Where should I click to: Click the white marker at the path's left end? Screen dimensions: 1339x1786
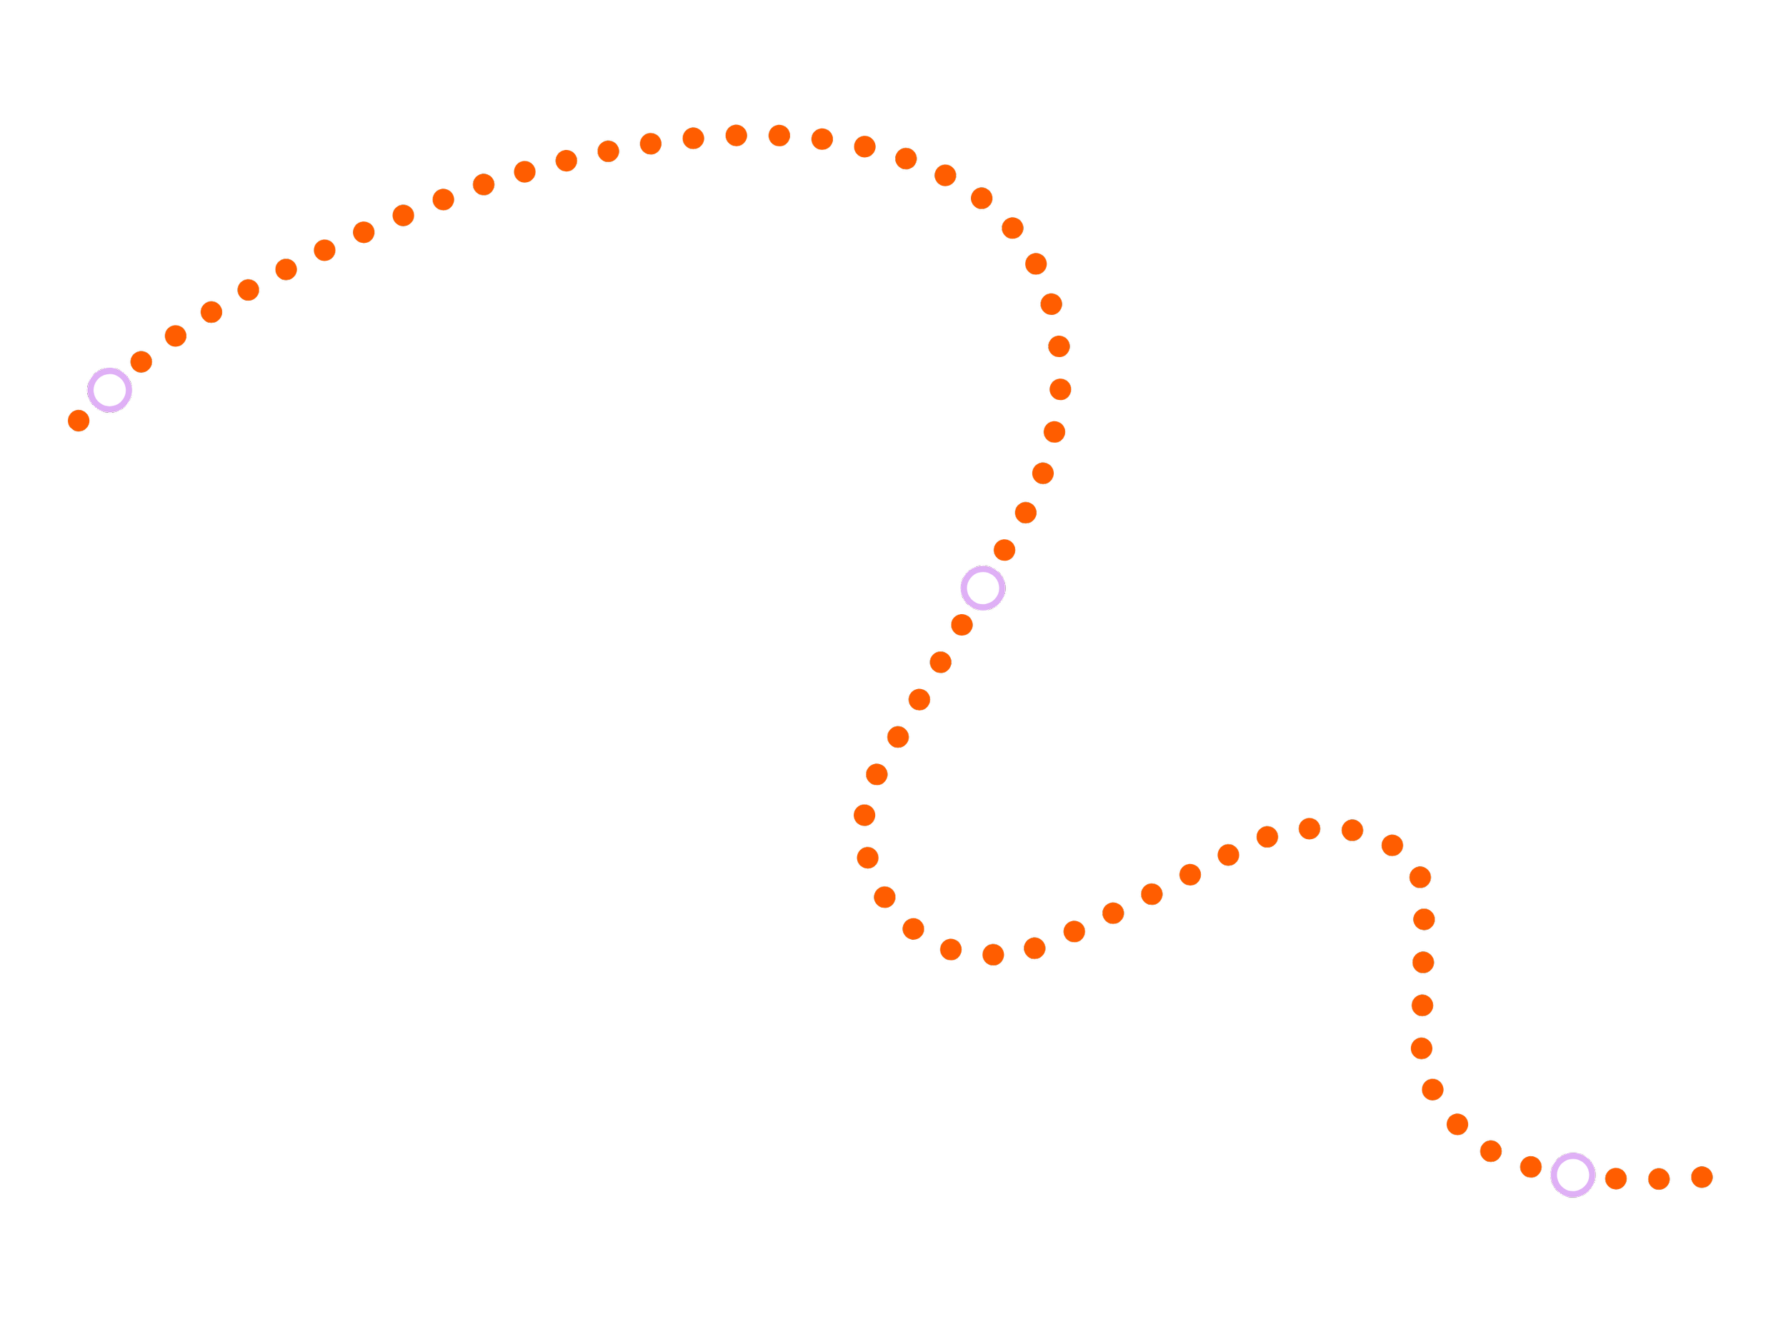[x=110, y=390]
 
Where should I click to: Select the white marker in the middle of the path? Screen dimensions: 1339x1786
[x=982, y=588]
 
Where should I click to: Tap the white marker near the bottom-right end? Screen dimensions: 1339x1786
[x=1573, y=1175]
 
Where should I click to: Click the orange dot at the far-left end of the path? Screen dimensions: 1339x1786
[x=79, y=421]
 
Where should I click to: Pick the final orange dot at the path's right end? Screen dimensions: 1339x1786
[x=1702, y=1177]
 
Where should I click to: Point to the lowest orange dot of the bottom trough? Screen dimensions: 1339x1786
[x=993, y=955]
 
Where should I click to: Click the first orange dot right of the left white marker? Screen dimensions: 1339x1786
[x=141, y=361]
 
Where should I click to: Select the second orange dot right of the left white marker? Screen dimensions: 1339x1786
[x=175, y=336]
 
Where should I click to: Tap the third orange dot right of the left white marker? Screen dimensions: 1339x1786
[x=211, y=311]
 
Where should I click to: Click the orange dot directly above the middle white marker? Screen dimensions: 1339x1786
[x=1004, y=551]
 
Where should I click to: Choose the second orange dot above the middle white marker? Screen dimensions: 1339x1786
[x=1025, y=513]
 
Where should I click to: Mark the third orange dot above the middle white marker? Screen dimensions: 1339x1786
[x=1043, y=473]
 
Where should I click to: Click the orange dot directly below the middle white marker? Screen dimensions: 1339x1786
[x=962, y=625]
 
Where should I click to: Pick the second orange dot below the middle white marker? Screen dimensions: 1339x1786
[x=941, y=663]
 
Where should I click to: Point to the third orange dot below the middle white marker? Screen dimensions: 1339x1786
[x=919, y=700]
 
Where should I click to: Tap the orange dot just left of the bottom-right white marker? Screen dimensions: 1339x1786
[x=1531, y=1166]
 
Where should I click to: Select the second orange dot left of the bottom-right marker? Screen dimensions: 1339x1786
[x=1491, y=1151]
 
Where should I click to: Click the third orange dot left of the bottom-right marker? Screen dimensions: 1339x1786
[x=1457, y=1124]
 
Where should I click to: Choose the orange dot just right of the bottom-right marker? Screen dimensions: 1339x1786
[x=1616, y=1178]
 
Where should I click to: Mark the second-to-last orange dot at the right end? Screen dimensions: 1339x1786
[x=1658, y=1179]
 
